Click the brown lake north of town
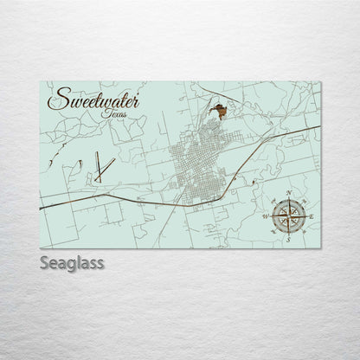[222, 111]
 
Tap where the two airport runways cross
[99, 167]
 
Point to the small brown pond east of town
[248, 183]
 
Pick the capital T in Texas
[103, 112]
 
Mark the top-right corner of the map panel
[321, 81]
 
